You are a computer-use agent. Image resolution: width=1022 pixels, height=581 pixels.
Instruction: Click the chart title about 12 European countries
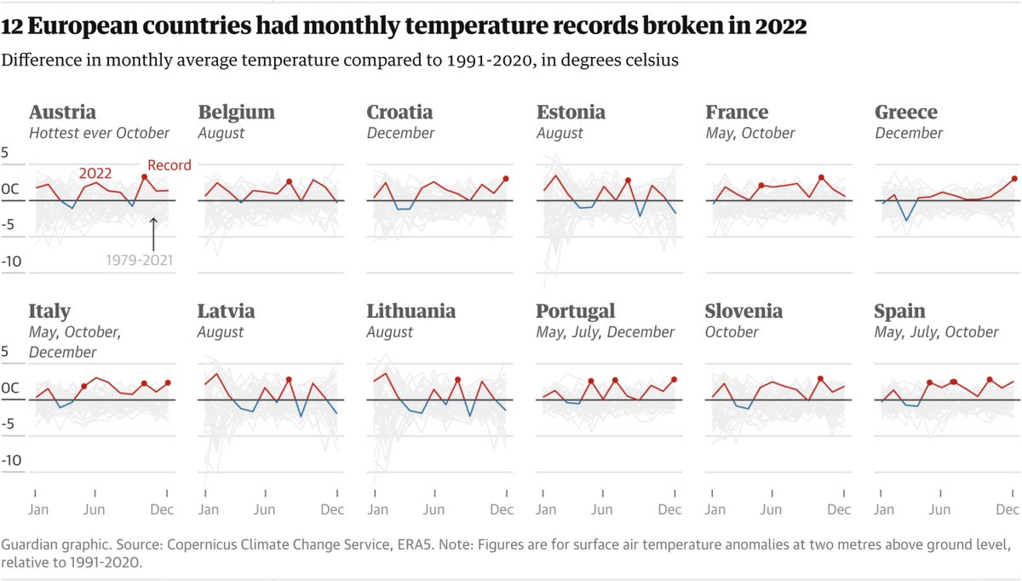(x=404, y=27)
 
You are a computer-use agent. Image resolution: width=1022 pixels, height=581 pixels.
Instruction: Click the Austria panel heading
(x=62, y=112)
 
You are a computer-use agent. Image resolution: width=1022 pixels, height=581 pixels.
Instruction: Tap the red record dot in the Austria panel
(x=145, y=177)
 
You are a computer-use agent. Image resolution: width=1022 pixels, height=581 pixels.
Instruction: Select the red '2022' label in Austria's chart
(x=95, y=173)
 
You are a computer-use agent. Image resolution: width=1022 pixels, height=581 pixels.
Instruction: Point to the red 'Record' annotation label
(x=169, y=165)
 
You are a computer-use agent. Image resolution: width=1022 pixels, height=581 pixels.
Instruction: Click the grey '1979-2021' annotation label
(x=139, y=260)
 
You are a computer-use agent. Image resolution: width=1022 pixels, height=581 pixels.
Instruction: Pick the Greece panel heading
(x=905, y=112)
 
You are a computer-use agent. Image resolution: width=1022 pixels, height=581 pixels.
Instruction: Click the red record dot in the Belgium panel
(x=290, y=181)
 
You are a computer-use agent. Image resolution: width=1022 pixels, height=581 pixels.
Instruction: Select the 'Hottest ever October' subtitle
(x=99, y=133)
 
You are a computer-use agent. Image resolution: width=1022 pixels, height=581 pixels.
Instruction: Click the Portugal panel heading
(x=575, y=312)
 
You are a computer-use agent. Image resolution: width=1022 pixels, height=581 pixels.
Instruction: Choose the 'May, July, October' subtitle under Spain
(x=936, y=332)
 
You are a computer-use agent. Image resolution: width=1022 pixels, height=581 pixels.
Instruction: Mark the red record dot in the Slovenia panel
(x=820, y=379)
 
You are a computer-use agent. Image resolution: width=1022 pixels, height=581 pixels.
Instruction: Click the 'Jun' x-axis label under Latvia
(x=265, y=509)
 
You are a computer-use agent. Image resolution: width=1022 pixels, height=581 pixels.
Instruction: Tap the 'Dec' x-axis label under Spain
(x=1008, y=509)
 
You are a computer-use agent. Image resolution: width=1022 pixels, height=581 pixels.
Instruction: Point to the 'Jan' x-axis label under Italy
(x=38, y=509)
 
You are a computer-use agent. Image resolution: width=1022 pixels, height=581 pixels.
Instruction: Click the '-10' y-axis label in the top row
(x=11, y=262)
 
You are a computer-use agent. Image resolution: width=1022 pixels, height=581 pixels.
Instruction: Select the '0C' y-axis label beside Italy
(x=10, y=388)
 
